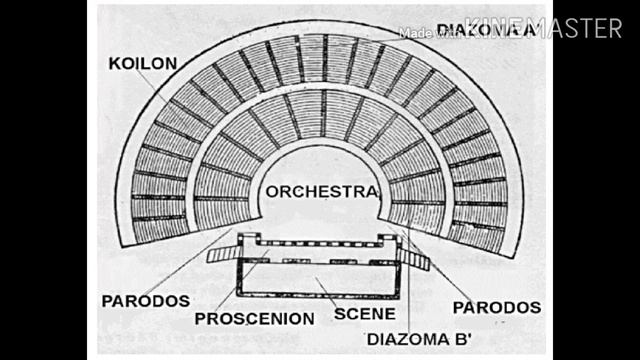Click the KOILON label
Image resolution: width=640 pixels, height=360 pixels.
(x=144, y=63)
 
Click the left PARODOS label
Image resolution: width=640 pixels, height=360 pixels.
(x=145, y=300)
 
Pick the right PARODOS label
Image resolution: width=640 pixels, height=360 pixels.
(x=496, y=306)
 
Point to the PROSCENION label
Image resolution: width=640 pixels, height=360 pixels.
(x=254, y=319)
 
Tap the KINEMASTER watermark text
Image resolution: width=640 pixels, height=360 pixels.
(x=546, y=28)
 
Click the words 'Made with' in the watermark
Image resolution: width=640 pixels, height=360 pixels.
(x=419, y=33)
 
